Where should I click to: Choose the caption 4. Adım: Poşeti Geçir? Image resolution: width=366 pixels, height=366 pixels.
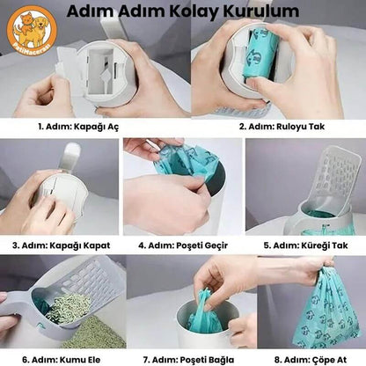(x=182, y=245)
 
